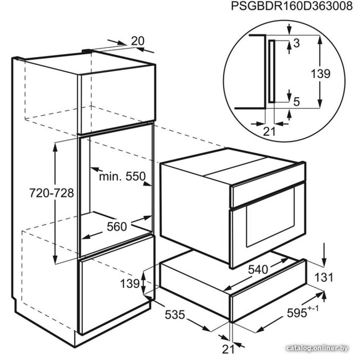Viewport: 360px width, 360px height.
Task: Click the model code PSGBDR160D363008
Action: (291, 6)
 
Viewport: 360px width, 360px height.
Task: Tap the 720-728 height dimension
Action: (51, 193)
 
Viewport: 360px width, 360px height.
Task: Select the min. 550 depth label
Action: (122, 176)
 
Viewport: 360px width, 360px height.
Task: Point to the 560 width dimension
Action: (117, 226)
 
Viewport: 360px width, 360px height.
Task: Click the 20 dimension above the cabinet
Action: (138, 41)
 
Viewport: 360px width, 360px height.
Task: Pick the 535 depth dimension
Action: (175, 315)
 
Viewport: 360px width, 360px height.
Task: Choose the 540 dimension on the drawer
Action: (258, 269)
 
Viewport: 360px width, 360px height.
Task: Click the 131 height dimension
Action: (324, 277)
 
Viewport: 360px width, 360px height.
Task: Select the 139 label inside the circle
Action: (320, 74)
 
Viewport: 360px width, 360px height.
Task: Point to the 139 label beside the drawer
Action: (130, 284)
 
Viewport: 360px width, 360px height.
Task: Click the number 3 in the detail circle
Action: (297, 43)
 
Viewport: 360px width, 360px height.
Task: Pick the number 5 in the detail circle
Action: (297, 102)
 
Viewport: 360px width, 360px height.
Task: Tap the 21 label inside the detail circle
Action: (269, 131)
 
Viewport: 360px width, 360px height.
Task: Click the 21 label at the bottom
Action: (229, 349)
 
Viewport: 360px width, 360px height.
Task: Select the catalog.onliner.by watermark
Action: (318, 348)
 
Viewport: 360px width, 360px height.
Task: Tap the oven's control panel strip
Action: (268, 190)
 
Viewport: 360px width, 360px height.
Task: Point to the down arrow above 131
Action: (324, 254)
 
